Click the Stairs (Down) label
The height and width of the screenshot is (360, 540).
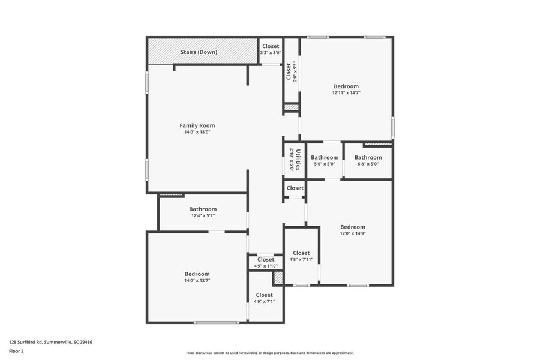pyautogui.click(x=199, y=52)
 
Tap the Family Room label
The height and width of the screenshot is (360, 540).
pyautogui.click(x=197, y=125)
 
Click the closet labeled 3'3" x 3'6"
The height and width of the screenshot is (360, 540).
pyautogui.click(x=271, y=49)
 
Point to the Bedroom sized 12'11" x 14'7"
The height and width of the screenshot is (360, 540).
pyautogui.click(x=346, y=89)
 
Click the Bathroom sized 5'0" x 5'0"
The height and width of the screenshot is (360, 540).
pyautogui.click(x=325, y=160)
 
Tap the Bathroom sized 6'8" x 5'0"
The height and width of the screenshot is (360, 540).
pyautogui.click(x=368, y=160)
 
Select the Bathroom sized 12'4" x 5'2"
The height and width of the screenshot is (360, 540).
pyautogui.click(x=203, y=212)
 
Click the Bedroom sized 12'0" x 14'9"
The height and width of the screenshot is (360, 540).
pyautogui.click(x=353, y=230)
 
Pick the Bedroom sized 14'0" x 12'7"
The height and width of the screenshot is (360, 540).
pyautogui.click(x=197, y=277)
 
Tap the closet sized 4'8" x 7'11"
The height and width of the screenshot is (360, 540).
pyautogui.click(x=301, y=256)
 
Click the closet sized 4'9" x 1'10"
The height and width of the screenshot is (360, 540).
pyautogui.click(x=266, y=262)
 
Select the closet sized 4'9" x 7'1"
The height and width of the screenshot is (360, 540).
pyautogui.click(x=265, y=298)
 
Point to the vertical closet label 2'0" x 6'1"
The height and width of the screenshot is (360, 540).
pyautogui.click(x=291, y=72)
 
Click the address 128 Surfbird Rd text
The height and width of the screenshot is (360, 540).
pyautogui.click(x=50, y=342)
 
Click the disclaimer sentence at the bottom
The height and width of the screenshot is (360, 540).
pyautogui.click(x=269, y=353)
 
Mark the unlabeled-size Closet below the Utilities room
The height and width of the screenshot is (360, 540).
pyautogui.click(x=295, y=188)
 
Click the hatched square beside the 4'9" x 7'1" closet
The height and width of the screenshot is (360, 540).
pyautogui.click(x=278, y=278)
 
